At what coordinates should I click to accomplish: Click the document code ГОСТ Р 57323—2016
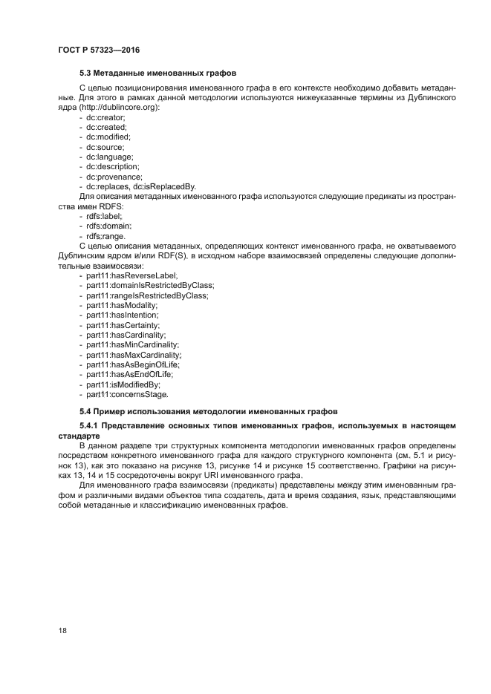99,50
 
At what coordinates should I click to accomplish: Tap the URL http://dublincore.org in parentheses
119,108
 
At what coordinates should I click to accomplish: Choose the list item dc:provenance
113,177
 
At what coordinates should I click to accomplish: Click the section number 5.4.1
88,425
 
